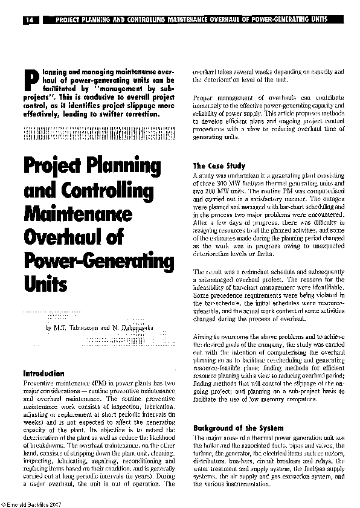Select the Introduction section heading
click(x=43, y=373)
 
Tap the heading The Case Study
click(x=219, y=166)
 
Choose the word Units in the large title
click(x=44, y=285)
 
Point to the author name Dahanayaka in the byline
click(x=132, y=327)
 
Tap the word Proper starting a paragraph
click(x=204, y=97)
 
